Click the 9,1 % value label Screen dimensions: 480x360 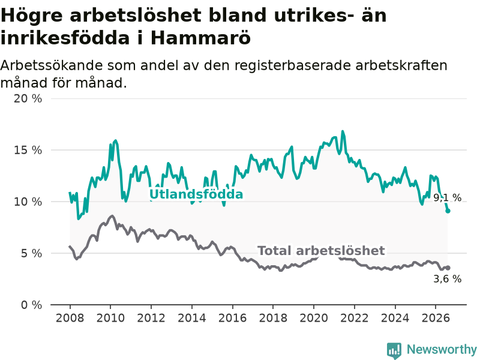pyautogui.click(x=447, y=198)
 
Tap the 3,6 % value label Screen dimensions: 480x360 pyautogui.click(x=447, y=279)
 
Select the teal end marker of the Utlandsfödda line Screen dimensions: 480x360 pyautogui.click(x=448, y=211)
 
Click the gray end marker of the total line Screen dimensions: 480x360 pyautogui.click(x=448, y=268)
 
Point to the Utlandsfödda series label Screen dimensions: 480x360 pyautogui.click(x=196, y=194)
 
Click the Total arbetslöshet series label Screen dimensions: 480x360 pyautogui.click(x=321, y=251)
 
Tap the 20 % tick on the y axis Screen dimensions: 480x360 pyautogui.click(x=28, y=98)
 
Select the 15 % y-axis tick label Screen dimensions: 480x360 pyautogui.click(x=28, y=150)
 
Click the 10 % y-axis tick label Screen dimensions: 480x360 pyautogui.click(x=28, y=202)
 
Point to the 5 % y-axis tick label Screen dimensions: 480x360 pyautogui.click(x=32, y=253)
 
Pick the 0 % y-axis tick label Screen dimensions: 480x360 pyautogui.click(x=32, y=305)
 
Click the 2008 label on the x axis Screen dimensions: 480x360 pyautogui.click(x=70, y=318)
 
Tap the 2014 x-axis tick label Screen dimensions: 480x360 pyautogui.click(x=192, y=318)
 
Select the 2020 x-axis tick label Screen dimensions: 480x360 pyautogui.click(x=314, y=318)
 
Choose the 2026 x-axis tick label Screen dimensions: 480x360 pyautogui.click(x=436, y=318)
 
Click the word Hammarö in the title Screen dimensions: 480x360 pyautogui.click(x=201, y=38)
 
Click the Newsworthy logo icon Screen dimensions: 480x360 pyautogui.click(x=394, y=350)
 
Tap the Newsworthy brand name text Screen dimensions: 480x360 pyautogui.click(x=442, y=349)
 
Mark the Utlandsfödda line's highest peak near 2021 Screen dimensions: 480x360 pyautogui.click(x=343, y=131)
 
